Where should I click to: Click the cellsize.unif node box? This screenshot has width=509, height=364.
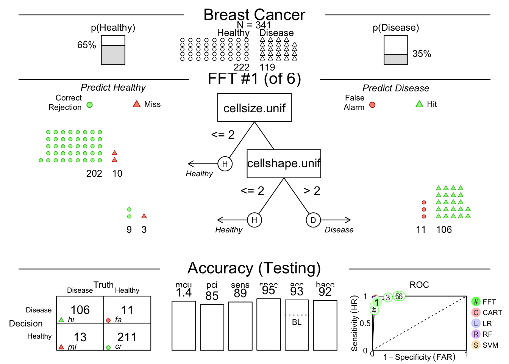[254, 108]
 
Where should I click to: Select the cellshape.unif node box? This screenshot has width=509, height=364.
[284, 163]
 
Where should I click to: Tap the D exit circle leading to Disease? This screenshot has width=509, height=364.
[313, 220]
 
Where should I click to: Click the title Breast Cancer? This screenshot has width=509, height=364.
[254, 15]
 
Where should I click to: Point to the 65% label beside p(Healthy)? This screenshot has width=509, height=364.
[87, 45]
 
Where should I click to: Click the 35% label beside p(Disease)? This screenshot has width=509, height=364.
[422, 54]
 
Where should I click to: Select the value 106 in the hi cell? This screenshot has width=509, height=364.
[80, 310]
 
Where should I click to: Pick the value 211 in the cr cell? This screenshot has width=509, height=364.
[127, 337]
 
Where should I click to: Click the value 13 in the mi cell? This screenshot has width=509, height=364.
[80, 337]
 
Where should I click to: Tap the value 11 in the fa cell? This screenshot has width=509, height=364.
[127, 310]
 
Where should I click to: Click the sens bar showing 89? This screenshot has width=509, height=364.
[240, 326]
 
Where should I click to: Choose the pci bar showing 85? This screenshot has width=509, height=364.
[212, 327]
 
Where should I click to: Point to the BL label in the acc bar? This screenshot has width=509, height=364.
[297, 322]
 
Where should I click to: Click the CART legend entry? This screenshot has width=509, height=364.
[487, 313]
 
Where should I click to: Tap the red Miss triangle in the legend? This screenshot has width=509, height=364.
[137, 104]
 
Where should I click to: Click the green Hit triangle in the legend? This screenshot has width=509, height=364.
[419, 104]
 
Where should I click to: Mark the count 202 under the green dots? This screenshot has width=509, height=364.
[94, 174]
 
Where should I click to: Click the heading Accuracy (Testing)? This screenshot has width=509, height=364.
[254, 268]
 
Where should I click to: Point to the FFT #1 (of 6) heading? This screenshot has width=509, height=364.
[254, 79]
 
